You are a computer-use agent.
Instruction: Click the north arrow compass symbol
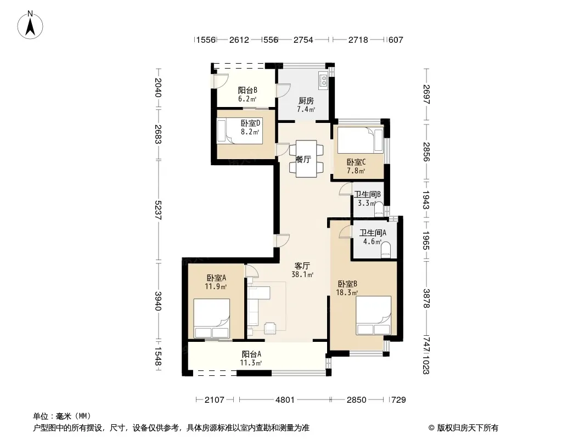[30, 25]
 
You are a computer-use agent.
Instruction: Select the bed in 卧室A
[211, 318]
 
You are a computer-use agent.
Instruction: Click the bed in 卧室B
[374, 316]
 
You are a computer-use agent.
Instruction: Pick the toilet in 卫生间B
[379, 209]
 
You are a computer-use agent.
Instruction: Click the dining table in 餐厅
[306, 159]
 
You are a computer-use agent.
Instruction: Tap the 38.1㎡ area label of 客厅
[302, 275]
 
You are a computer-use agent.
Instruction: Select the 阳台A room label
[251, 354]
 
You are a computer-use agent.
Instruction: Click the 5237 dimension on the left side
[158, 210]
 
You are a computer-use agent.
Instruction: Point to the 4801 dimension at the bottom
[285, 400]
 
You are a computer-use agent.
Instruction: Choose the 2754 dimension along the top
[303, 40]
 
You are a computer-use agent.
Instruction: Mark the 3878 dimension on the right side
[426, 299]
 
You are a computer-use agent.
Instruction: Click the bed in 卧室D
[239, 130]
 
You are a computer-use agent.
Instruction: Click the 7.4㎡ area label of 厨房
[306, 109]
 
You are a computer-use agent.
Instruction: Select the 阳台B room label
[248, 90]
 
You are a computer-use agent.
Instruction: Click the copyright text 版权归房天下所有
[468, 428]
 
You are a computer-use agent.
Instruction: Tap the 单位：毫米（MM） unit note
[62, 416]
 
